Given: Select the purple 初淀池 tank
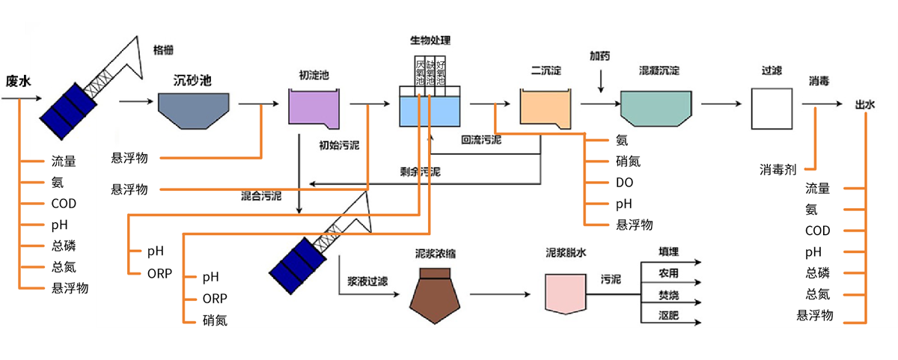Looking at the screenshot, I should (x=314, y=109).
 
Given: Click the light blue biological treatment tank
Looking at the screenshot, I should (x=430, y=113).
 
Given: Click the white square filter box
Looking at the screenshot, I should (x=772, y=109).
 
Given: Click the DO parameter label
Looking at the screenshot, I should (x=624, y=182).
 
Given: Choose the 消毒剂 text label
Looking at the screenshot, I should (x=778, y=170).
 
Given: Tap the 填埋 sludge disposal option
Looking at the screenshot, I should (x=668, y=252).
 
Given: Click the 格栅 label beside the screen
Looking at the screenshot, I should (x=163, y=49).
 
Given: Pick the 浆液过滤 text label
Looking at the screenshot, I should (x=367, y=282).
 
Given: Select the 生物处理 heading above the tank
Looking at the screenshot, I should (x=430, y=40).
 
